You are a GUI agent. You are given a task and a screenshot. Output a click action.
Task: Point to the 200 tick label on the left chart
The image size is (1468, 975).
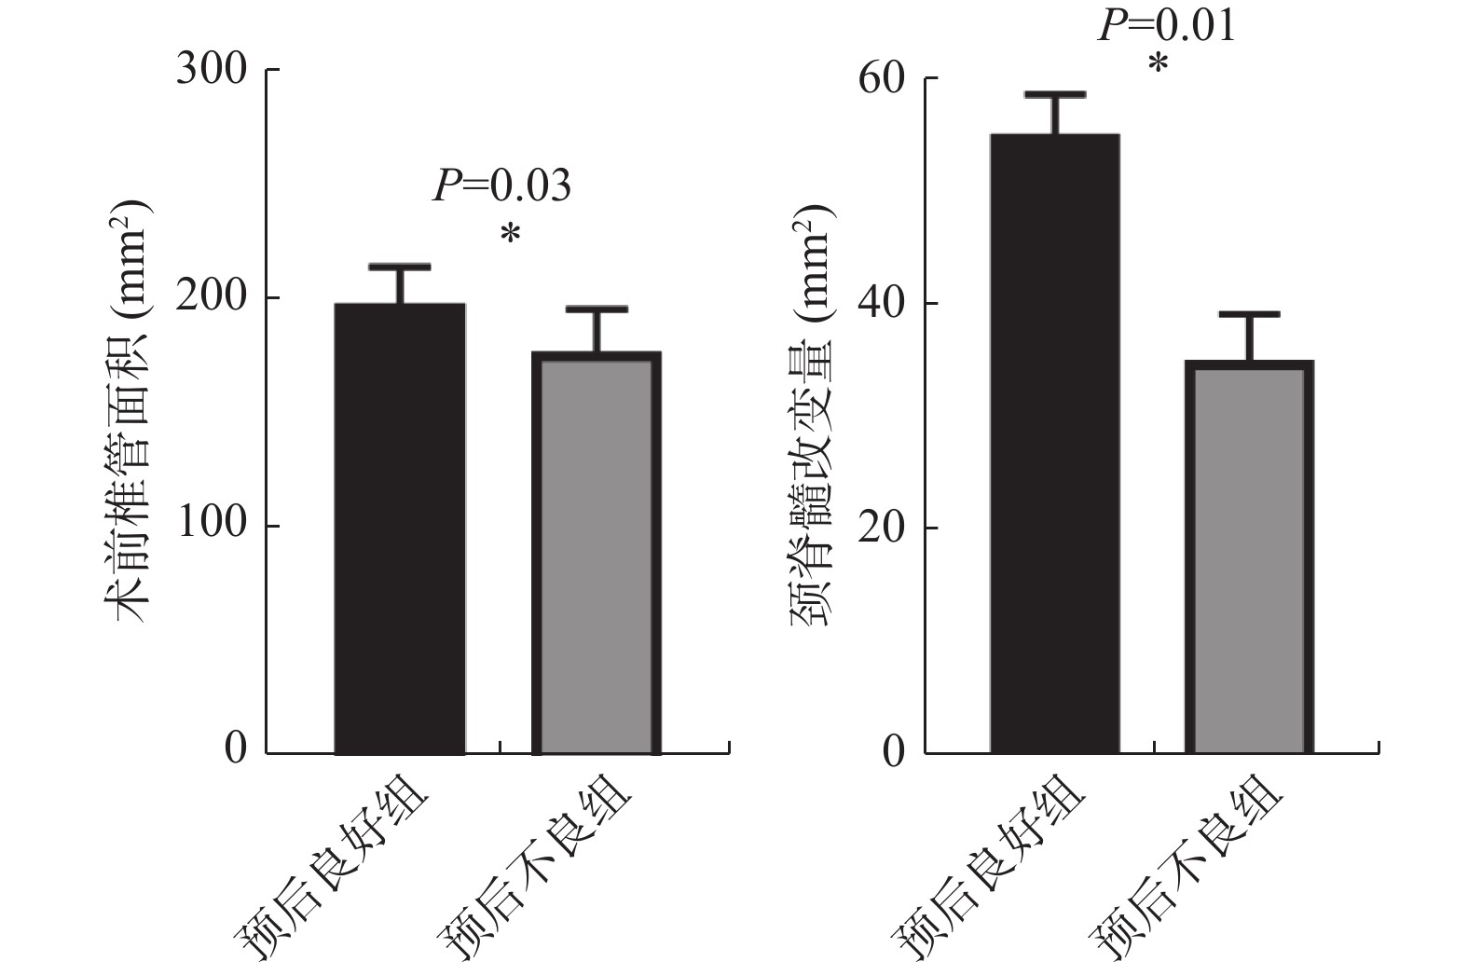tap(212, 297)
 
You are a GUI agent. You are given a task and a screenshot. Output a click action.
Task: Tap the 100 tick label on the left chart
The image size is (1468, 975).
tap(212, 525)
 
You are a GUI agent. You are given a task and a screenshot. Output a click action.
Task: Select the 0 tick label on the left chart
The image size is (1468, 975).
tap(237, 749)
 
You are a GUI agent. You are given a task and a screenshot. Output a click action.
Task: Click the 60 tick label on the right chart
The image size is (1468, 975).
tap(882, 79)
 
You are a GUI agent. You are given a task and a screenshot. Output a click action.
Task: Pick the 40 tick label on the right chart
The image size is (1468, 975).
tap(882, 304)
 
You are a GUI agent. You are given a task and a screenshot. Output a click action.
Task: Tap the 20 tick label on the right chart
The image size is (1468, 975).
tap(882, 528)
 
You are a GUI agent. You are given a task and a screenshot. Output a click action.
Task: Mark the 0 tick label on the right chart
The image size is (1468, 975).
tap(894, 752)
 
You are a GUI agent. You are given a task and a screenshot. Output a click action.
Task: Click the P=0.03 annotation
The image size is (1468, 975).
tap(501, 186)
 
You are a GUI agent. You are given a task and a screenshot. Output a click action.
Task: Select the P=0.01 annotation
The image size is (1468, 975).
tap(1167, 25)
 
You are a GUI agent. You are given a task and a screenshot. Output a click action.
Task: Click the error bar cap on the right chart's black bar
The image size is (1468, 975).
tap(1055, 94)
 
